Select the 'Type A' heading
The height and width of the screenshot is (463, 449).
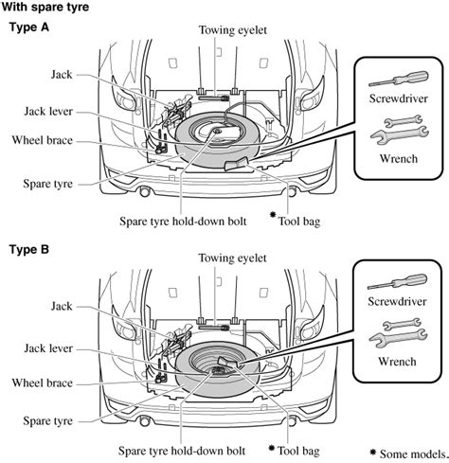(29, 27)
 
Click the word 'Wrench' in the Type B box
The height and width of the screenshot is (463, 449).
(397, 361)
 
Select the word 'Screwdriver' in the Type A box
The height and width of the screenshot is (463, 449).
(397, 98)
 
